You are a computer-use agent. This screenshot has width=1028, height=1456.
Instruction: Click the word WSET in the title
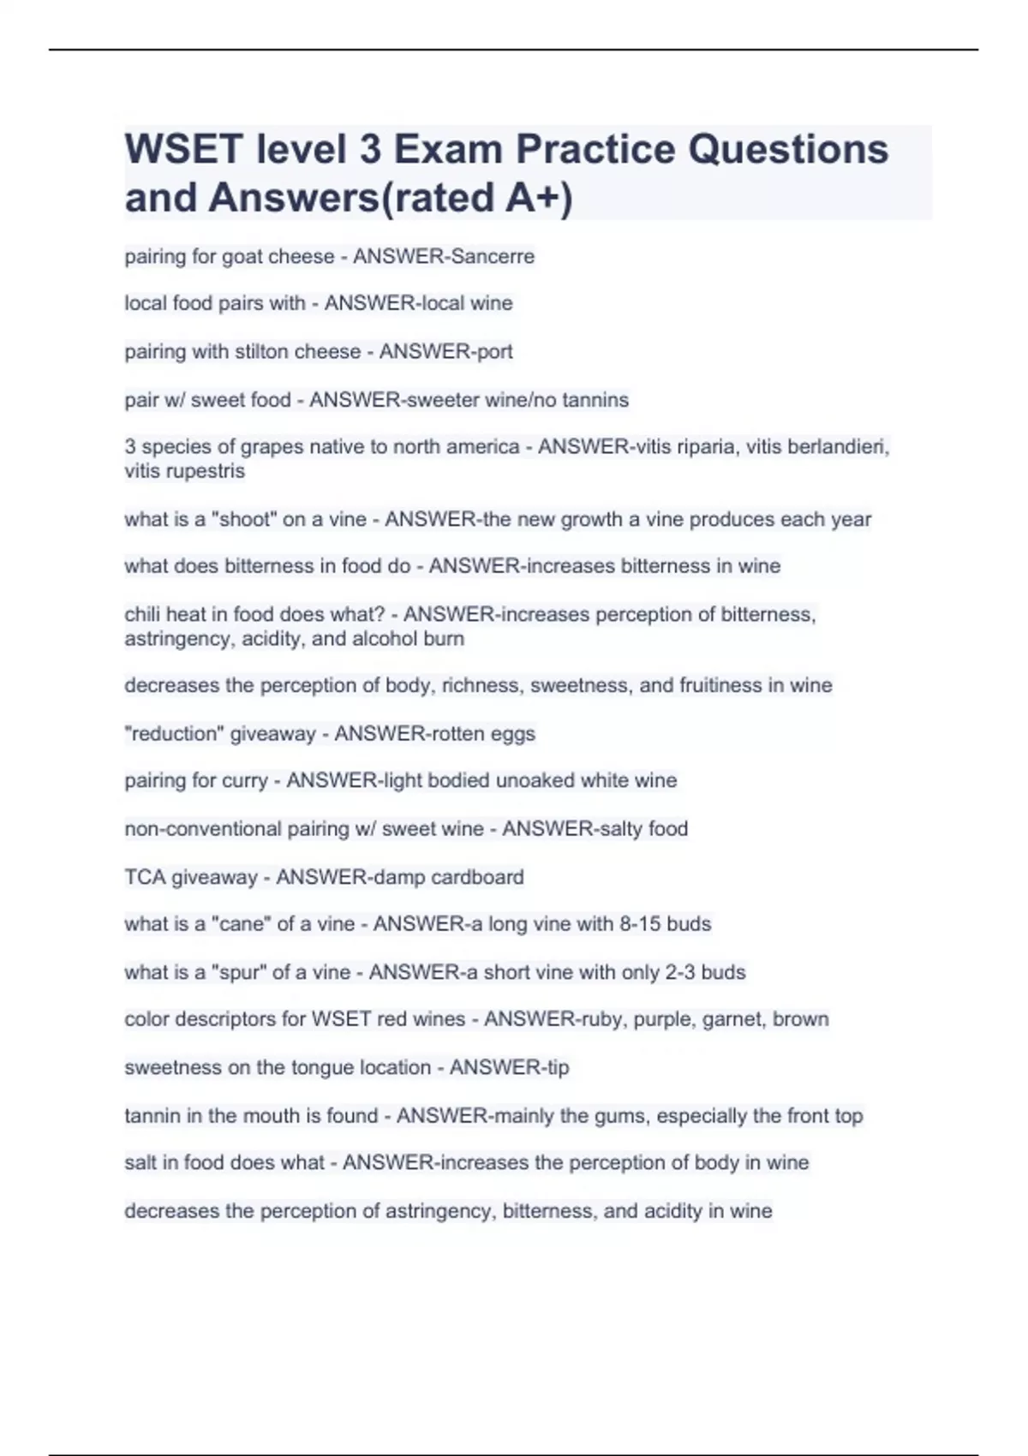(184, 149)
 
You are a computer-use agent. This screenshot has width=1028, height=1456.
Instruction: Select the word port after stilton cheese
(494, 352)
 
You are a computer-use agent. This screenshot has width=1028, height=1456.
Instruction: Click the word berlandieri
(838, 447)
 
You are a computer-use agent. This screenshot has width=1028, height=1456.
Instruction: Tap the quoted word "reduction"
(174, 733)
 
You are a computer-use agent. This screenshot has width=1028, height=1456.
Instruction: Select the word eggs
(511, 733)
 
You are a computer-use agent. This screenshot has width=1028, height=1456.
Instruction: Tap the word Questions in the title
(788, 149)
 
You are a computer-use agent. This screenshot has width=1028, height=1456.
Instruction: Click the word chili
(141, 614)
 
